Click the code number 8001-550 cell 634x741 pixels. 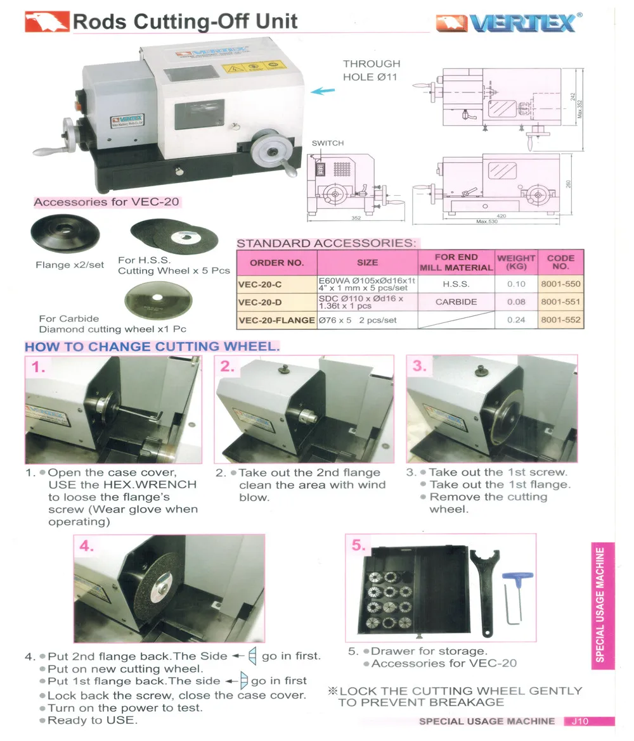coord(560,284)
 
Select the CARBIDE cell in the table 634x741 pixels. coord(456,302)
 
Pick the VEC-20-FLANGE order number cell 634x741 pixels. coord(276,320)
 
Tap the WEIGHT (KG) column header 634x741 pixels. coord(516,262)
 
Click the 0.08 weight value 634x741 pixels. coord(516,302)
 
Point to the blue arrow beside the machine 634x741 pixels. coord(323,91)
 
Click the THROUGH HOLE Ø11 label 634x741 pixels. coord(372,70)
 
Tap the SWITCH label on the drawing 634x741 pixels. coord(328,143)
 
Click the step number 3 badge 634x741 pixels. coord(420,366)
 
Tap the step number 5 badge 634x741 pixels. coord(359,545)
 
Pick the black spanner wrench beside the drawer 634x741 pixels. coord(482,589)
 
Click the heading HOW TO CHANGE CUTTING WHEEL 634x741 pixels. coord(152,346)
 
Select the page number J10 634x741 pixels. coord(579,721)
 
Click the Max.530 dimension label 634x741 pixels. coord(486,222)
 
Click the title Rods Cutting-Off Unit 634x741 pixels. coord(185,22)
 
